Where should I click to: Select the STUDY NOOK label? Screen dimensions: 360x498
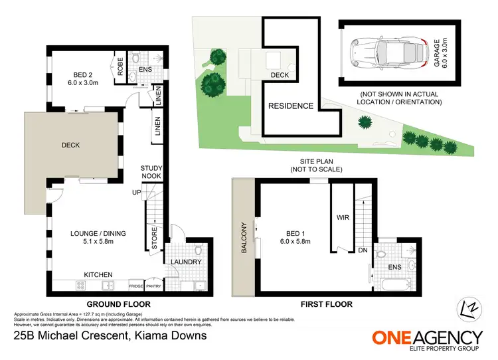(x=151, y=172)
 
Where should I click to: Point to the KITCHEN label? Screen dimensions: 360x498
(x=98, y=274)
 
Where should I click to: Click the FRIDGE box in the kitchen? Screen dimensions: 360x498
(x=136, y=286)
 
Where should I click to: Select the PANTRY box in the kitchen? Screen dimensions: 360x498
(x=154, y=286)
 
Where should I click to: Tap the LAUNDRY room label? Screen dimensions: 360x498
(x=187, y=262)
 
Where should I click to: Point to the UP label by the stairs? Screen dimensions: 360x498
(x=137, y=193)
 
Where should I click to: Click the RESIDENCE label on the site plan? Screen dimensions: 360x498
(x=290, y=106)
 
